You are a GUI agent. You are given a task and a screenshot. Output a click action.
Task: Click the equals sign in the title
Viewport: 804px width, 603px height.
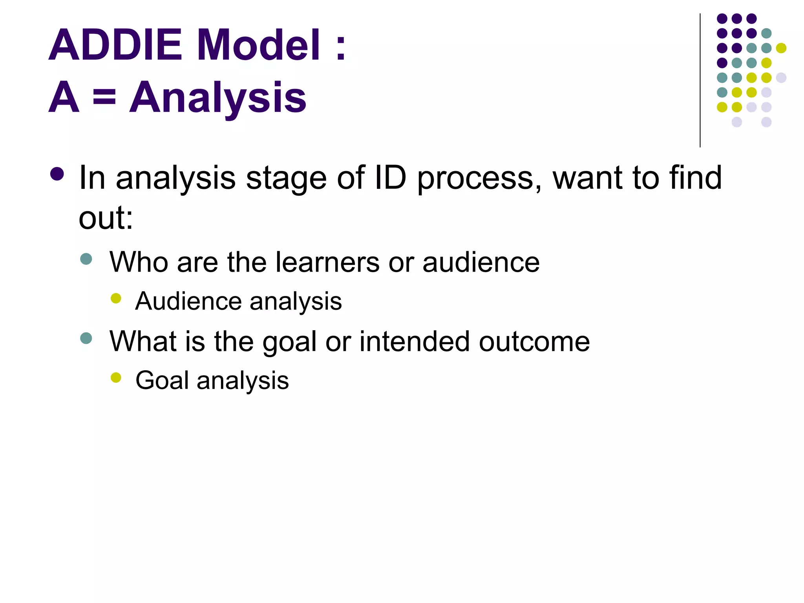[104, 97]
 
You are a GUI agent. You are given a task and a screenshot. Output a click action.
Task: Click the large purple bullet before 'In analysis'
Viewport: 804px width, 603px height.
[57, 174]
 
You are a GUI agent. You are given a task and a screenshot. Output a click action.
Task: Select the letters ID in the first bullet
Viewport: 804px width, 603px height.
[390, 177]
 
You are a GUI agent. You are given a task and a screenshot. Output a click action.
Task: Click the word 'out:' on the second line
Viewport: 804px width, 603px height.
[106, 218]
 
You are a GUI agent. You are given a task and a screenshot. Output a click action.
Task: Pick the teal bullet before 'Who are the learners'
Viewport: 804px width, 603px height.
[86, 259]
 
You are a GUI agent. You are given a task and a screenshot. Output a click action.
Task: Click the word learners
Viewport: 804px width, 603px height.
[327, 262]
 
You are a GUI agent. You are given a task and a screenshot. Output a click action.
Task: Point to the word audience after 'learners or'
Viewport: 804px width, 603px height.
[481, 262]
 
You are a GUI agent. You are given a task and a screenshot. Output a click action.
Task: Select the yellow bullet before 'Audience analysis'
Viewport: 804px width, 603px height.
[116, 298]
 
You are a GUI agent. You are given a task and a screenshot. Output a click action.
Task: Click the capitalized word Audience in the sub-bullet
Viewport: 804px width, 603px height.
[188, 301]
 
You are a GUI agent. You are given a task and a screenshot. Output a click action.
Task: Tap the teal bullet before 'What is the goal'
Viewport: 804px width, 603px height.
[86, 338]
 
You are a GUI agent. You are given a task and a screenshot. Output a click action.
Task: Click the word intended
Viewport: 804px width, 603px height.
[414, 342]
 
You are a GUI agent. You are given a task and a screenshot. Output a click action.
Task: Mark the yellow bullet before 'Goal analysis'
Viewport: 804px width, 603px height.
[116, 378]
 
